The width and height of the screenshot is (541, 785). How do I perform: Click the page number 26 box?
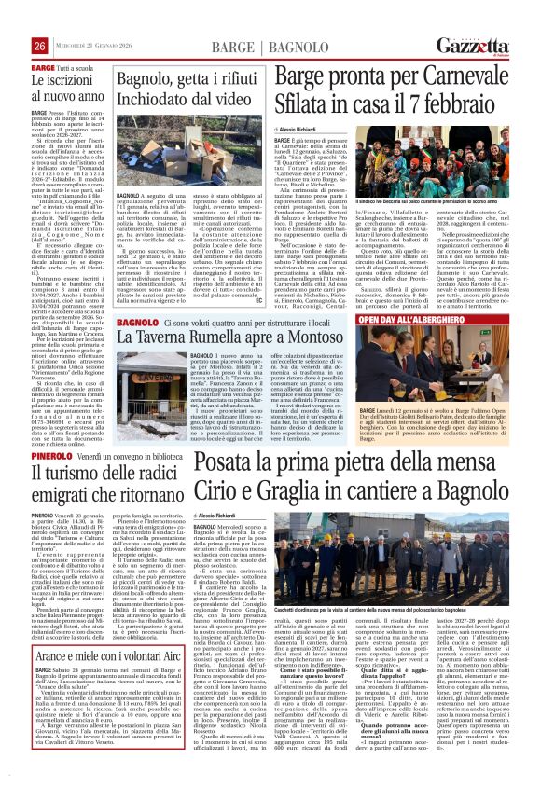coord(39,46)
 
